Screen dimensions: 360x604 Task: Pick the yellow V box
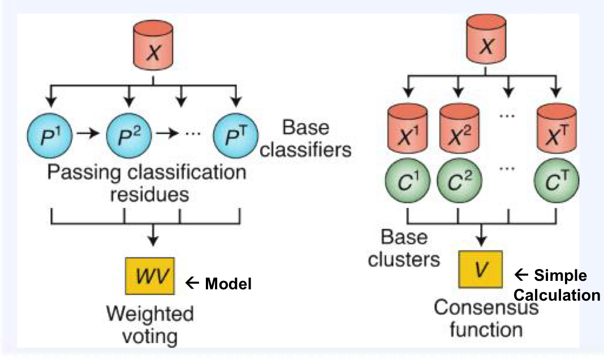[481, 268]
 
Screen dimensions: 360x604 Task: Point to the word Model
[228, 284]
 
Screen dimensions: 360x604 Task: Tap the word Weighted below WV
[150, 313]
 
